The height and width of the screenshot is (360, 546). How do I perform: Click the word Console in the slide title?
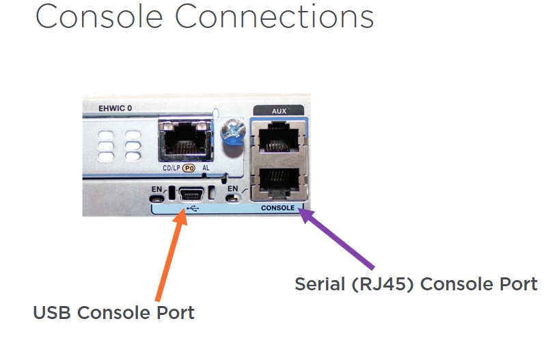coord(98,16)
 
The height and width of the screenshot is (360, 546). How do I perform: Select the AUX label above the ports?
coord(279,109)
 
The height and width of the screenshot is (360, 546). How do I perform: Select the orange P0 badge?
coord(189,167)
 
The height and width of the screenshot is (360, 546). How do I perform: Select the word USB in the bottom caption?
coord(52,313)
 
